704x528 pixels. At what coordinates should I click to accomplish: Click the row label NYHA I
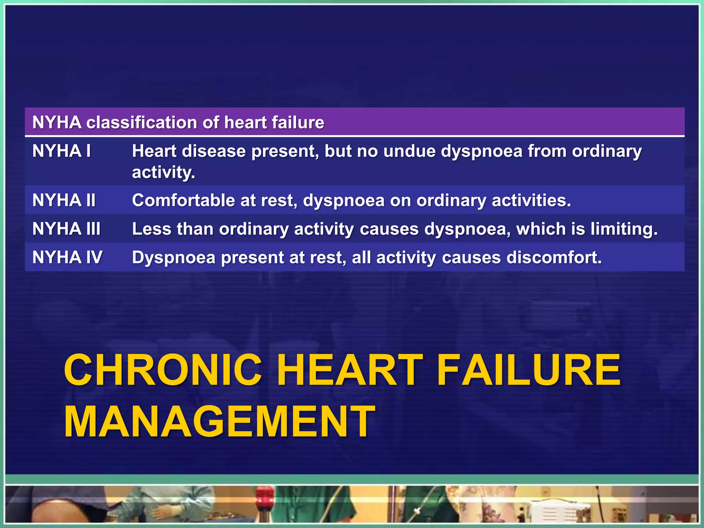pyautogui.click(x=61, y=151)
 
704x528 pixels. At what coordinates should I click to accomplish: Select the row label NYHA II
pyautogui.click(x=64, y=200)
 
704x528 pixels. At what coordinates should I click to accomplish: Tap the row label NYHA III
pyautogui.click(x=66, y=229)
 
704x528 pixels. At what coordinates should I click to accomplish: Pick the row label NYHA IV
pyautogui.click(x=67, y=257)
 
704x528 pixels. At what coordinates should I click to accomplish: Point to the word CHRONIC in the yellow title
pyautogui.click(x=163, y=371)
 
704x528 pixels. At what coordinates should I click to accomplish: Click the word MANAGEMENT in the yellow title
pyautogui.click(x=219, y=422)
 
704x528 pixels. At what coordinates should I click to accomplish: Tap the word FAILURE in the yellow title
pyautogui.click(x=529, y=371)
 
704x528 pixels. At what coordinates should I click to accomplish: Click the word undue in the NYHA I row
pyautogui.click(x=409, y=151)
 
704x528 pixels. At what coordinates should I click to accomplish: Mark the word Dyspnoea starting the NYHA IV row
pyautogui.click(x=174, y=257)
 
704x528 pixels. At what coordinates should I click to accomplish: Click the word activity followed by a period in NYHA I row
pyautogui.click(x=163, y=173)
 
